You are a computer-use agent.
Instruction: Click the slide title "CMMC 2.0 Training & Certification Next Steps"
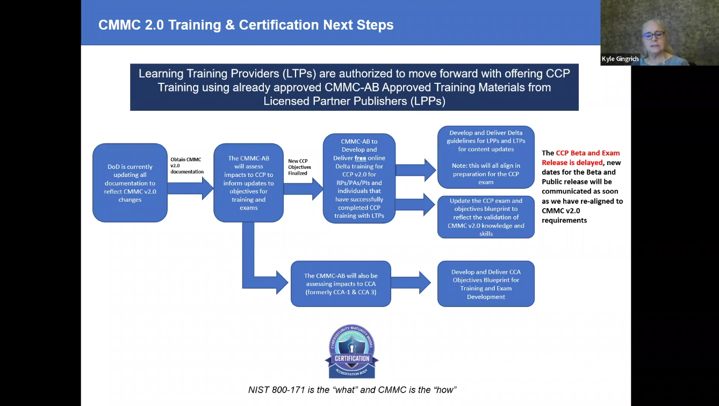(246, 25)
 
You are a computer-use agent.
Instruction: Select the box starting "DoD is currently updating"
(130, 183)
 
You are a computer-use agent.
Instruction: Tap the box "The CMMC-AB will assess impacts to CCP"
(248, 183)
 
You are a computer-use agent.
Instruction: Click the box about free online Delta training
(359, 179)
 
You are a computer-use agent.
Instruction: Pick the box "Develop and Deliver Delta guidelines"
(486, 157)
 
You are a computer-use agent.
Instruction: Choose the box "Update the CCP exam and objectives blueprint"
(486, 217)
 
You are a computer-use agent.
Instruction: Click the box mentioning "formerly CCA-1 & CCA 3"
(341, 284)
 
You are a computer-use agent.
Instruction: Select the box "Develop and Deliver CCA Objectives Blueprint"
(486, 284)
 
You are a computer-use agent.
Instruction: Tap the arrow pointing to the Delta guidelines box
(416, 170)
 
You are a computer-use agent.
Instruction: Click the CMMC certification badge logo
(353, 352)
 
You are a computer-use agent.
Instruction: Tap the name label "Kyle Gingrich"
(620, 59)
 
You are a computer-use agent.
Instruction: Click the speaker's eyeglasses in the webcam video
(653, 35)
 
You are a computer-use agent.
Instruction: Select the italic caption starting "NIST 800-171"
(353, 389)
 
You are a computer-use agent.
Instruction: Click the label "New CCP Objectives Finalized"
(299, 167)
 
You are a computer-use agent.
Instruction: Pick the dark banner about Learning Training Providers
(354, 87)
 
